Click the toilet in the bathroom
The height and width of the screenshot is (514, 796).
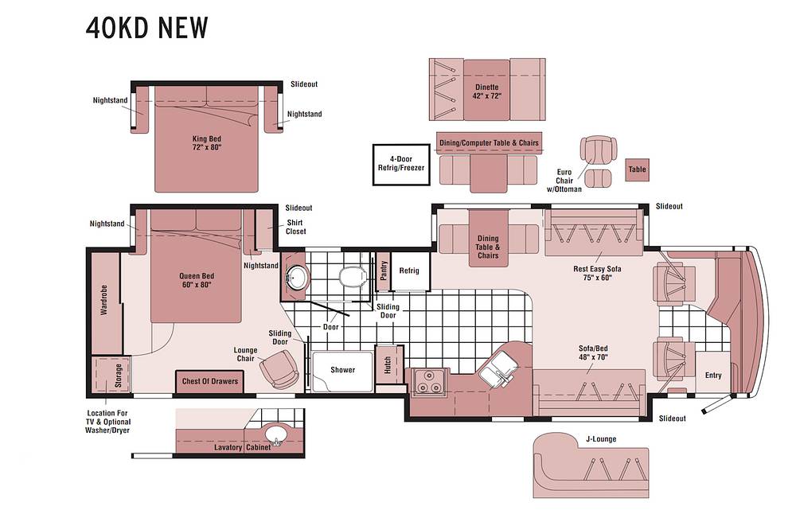[x=353, y=278]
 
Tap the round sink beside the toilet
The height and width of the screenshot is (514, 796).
[x=296, y=277]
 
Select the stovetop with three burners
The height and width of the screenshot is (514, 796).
[x=429, y=381]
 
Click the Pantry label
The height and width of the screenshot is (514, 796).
[x=384, y=271]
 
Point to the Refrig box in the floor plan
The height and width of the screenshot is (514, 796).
[x=410, y=271]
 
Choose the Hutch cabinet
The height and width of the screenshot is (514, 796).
[x=388, y=365]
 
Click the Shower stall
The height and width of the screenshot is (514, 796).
[x=342, y=371]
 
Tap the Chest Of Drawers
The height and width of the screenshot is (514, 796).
[x=209, y=382]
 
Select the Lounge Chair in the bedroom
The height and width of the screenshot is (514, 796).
[x=279, y=370]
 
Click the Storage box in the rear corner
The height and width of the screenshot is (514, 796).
[x=111, y=375]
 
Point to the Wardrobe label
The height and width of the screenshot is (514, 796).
[x=104, y=300]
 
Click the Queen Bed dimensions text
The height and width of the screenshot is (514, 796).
[x=196, y=285]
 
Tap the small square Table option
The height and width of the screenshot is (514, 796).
[x=637, y=169]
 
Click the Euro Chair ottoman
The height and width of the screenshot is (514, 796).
[x=598, y=178]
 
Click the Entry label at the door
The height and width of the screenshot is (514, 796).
[x=713, y=376]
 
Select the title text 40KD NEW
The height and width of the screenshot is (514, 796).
[x=147, y=28]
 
